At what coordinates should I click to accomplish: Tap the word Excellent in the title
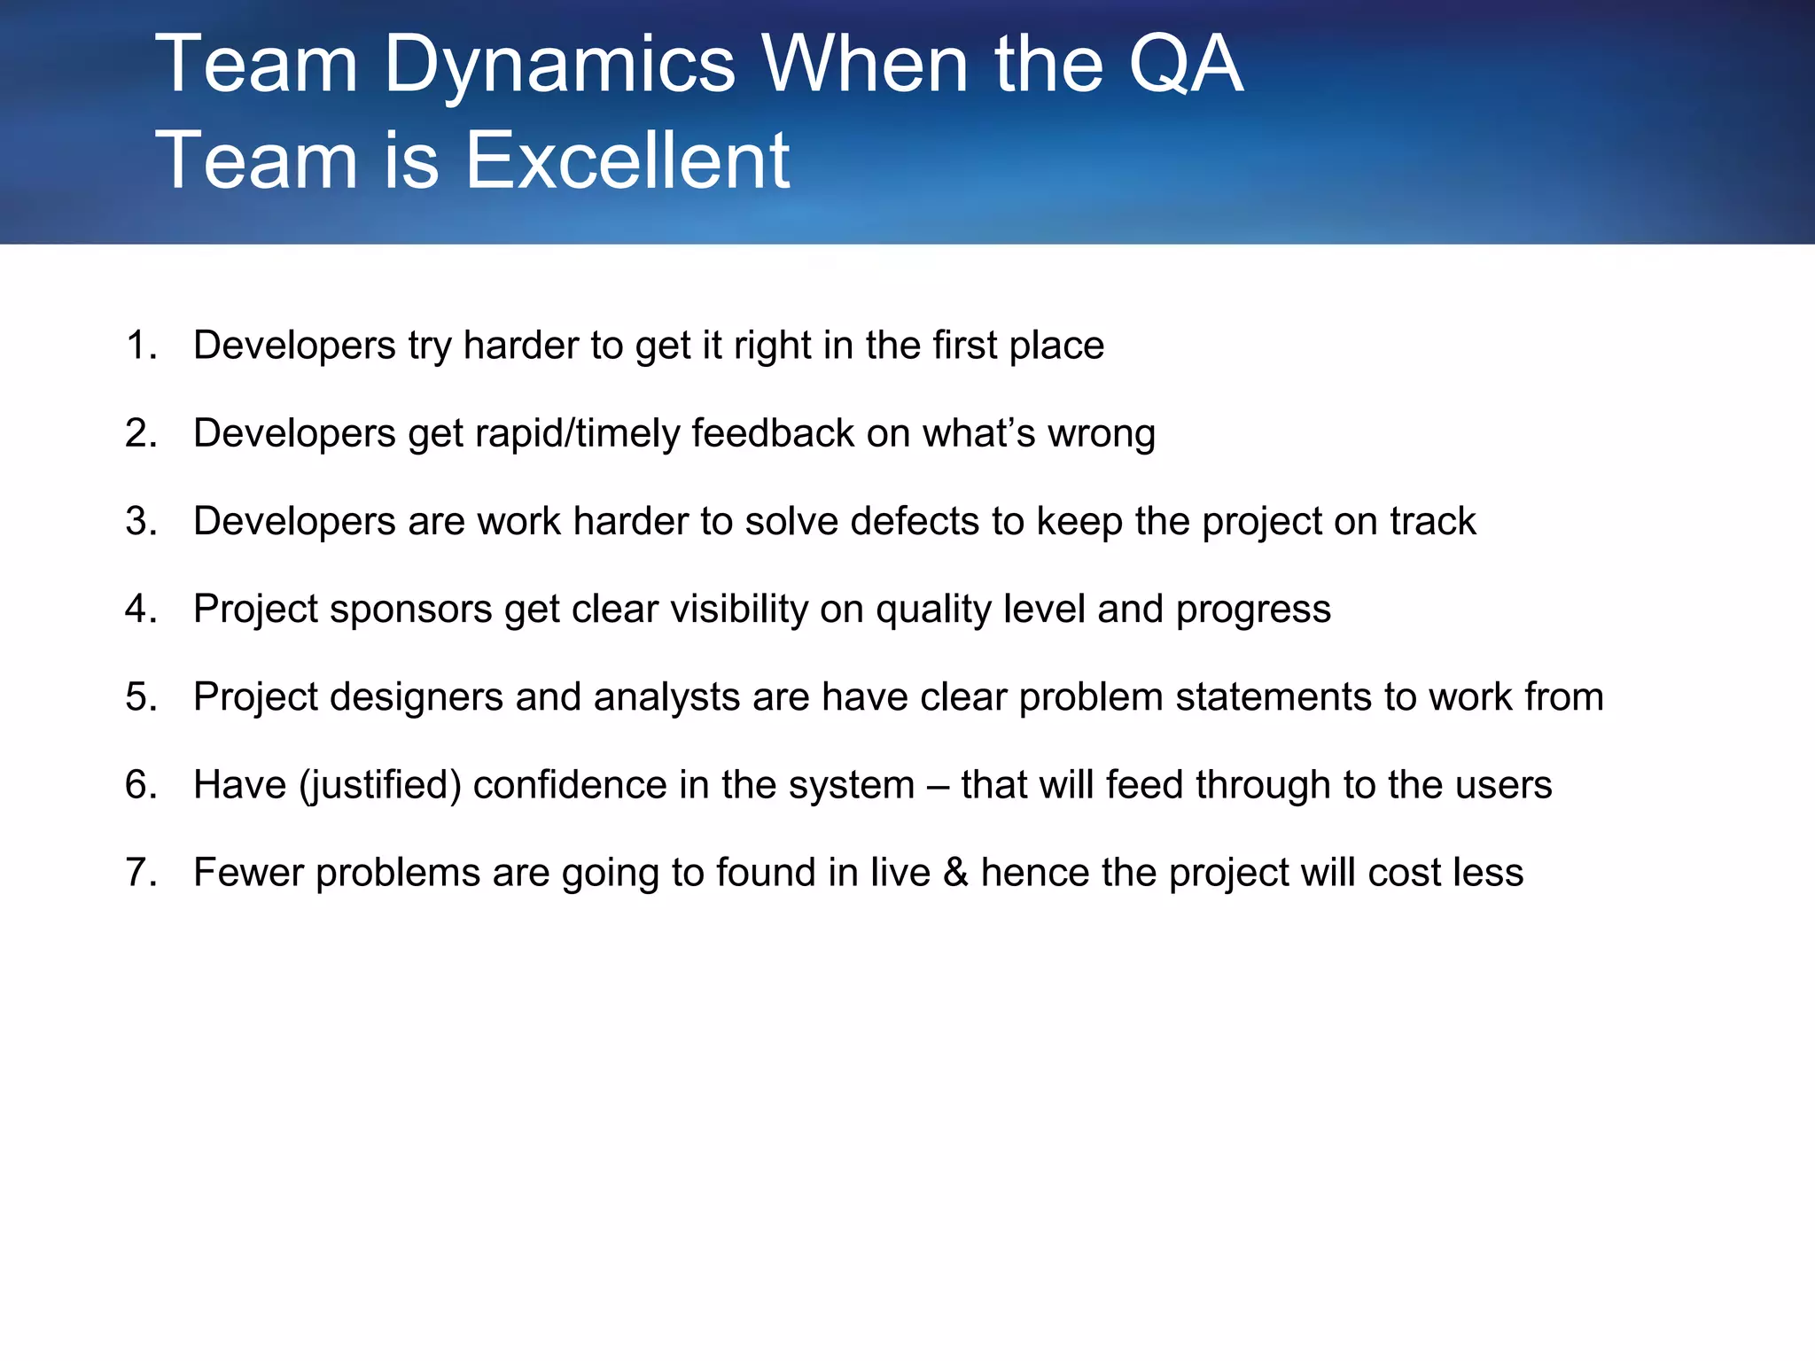627,160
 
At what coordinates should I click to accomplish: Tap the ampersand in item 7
955,873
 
